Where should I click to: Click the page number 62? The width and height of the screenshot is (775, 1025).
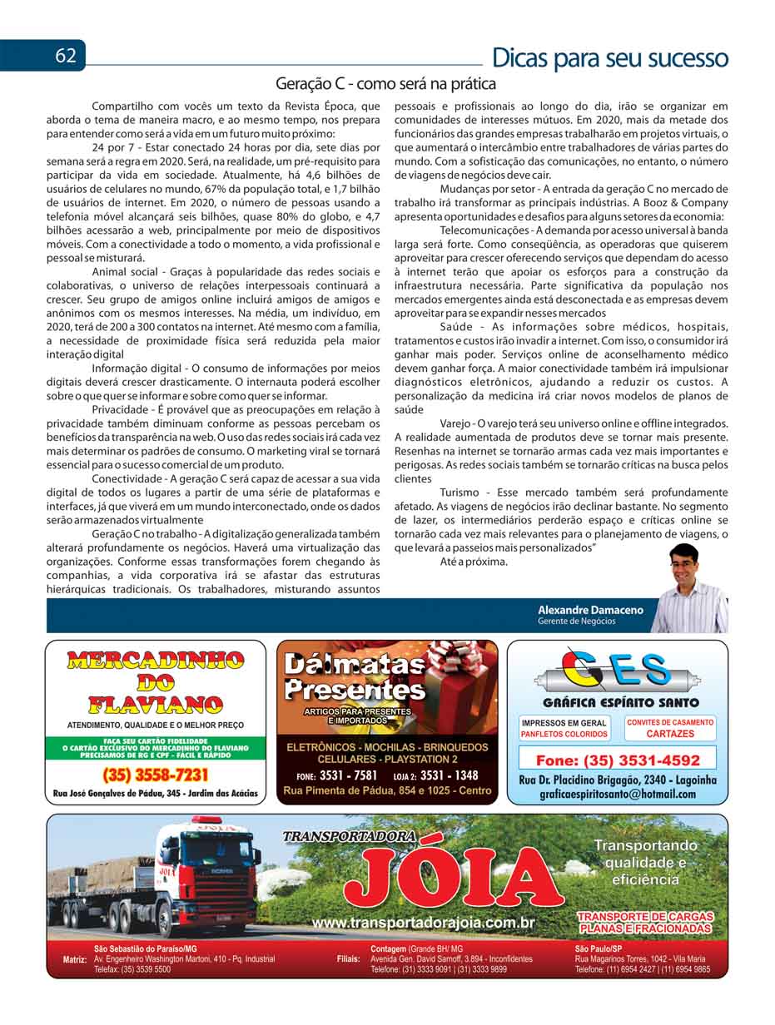tap(66, 56)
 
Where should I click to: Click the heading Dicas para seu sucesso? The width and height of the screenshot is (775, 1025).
tap(609, 58)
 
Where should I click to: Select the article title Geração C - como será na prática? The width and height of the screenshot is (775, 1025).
tap(385, 84)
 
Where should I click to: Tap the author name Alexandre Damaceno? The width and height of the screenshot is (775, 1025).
tap(590, 610)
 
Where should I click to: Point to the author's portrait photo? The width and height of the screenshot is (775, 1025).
tap(688, 588)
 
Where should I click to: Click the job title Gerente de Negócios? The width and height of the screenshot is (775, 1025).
tap(576, 621)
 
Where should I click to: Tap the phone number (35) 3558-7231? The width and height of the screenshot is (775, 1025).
tap(155, 775)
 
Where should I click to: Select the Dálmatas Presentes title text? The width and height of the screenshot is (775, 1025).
tap(355, 676)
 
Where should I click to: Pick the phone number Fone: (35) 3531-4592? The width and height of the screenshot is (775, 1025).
tap(617, 760)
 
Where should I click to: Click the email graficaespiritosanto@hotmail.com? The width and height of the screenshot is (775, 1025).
tap(617, 795)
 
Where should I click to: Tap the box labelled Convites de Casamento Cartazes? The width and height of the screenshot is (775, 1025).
tap(669, 728)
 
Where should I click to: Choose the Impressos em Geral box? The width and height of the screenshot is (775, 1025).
tap(564, 728)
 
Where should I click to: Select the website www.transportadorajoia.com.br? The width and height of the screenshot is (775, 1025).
tap(422, 923)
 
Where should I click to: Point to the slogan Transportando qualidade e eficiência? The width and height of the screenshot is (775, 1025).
tap(645, 862)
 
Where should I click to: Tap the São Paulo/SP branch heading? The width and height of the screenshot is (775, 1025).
tap(598, 948)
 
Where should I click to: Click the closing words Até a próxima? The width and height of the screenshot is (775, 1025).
tap(474, 562)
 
